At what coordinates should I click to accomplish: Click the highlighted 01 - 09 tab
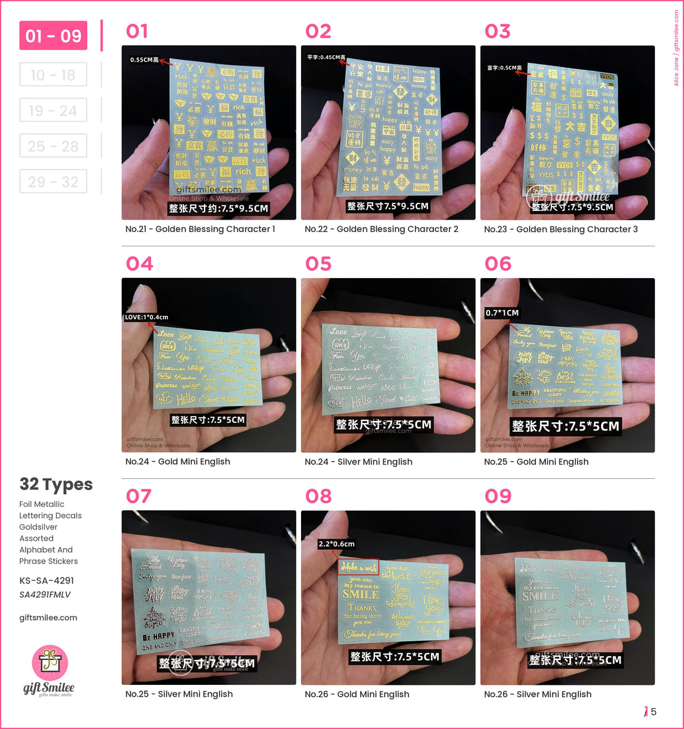click(x=53, y=36)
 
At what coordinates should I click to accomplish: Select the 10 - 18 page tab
click(x=53, y=75)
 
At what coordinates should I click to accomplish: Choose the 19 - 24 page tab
click(x=53, y=111)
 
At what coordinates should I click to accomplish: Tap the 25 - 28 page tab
click(x=53, y=146)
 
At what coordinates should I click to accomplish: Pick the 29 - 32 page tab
click(x=53, y=182)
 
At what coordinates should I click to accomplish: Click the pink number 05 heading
click(x=318, y=264)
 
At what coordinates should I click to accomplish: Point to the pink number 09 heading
click(x=498, y=496)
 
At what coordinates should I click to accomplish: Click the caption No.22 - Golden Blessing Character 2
click(x=381, y=229)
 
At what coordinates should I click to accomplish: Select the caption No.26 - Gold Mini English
click(x=357, y=694)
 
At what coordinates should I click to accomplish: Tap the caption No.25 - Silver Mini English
click(x=179, y=694)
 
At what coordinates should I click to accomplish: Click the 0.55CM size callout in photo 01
click(x=144, y=60)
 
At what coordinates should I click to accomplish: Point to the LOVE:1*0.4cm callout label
click(x=147, y=317)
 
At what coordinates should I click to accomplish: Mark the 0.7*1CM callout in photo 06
click(x=502, y=313)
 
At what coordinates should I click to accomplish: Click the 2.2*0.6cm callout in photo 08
click(x=336, y=544)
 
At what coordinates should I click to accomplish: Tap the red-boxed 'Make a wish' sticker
click(x=358, y=567)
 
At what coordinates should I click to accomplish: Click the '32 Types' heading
click(x=56, y=485)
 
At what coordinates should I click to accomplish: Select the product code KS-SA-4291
click(x=47, y=580)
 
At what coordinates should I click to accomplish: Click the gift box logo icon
click(x=49, y=663)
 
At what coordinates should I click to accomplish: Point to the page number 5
click(x=654, y=712)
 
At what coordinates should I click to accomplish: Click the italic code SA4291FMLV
click(x=45, y=595)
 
